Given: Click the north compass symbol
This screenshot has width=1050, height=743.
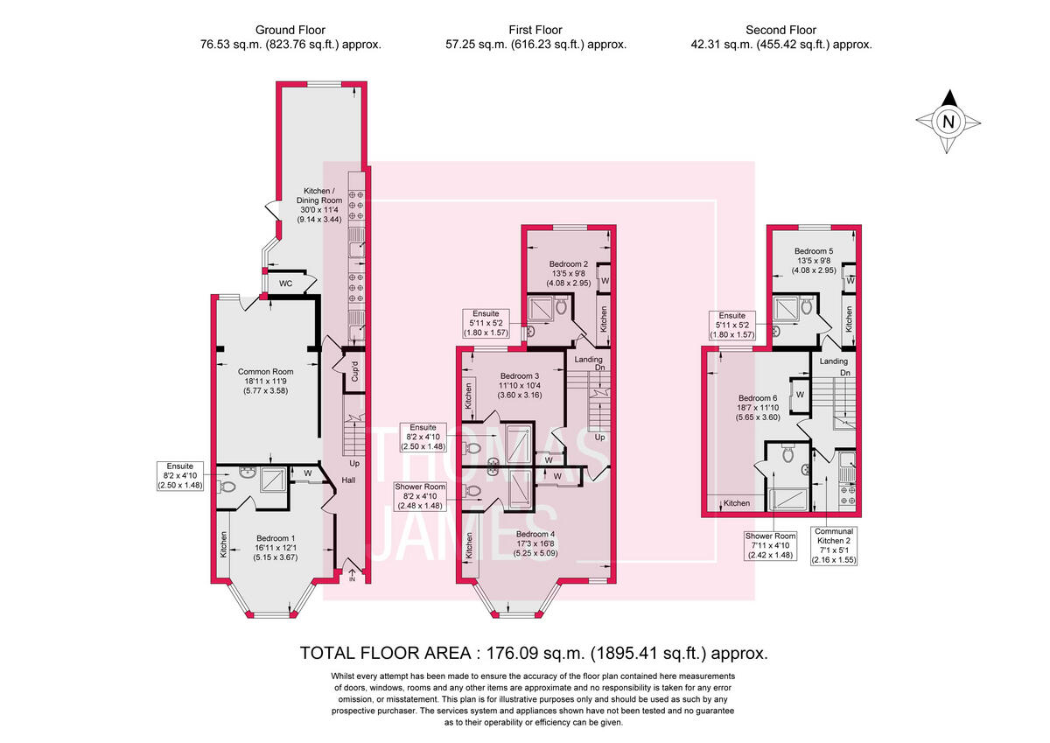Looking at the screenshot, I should point(947,122).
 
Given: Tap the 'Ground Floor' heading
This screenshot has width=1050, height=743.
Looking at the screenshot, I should point(290,31).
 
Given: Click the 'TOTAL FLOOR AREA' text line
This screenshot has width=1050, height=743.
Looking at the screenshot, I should point(534,653).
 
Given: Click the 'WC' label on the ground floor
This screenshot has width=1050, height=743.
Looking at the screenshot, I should point(285,284).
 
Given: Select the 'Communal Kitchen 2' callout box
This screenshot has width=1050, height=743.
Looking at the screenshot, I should point(833,546).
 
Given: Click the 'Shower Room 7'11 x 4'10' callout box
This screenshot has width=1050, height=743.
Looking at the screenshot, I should point(770,546).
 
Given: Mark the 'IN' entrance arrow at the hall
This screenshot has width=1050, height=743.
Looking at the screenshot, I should point(352,574).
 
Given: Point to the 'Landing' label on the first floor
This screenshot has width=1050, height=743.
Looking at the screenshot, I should point(587,359).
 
